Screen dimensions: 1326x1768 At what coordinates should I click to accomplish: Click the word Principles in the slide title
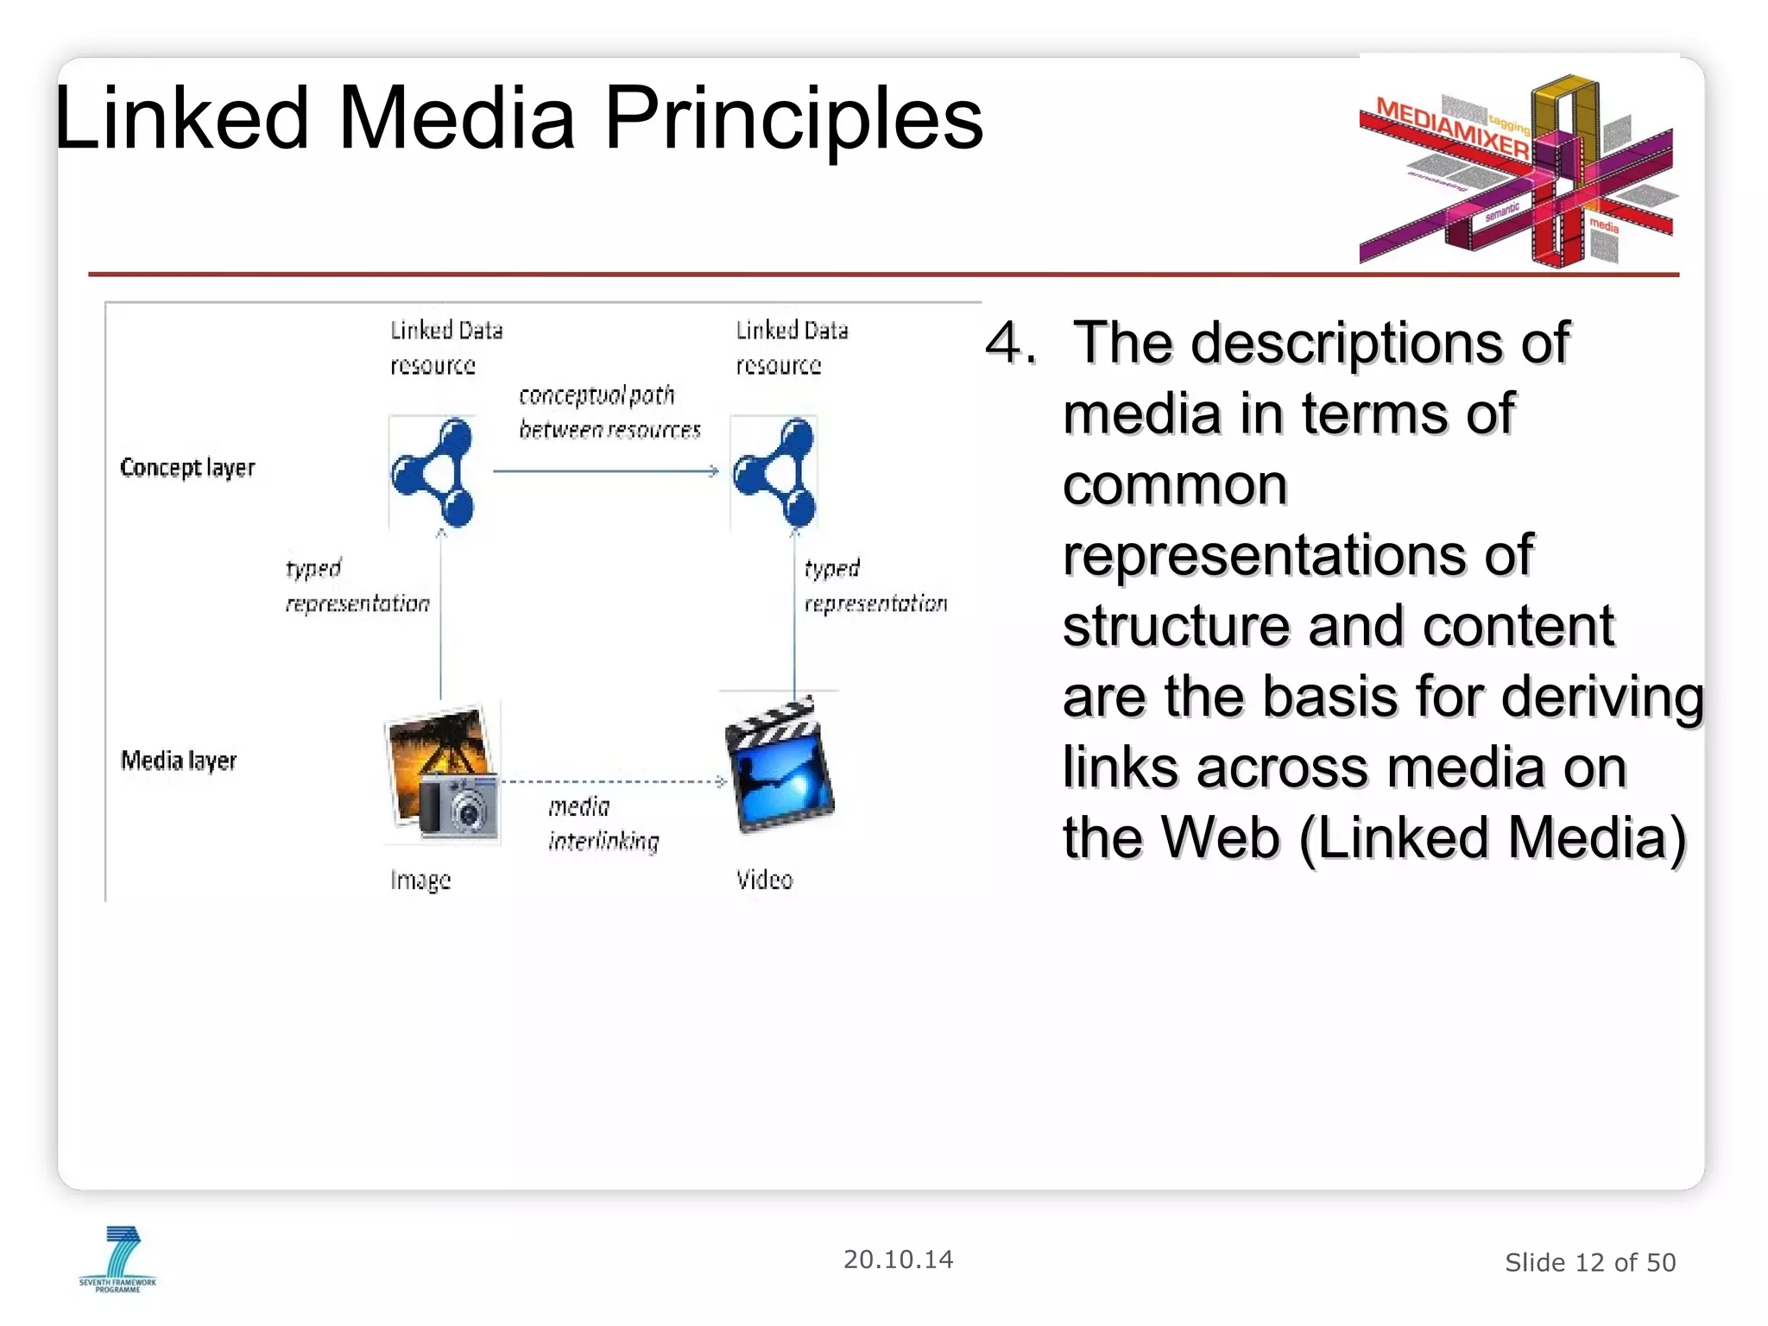[x=792, y=119]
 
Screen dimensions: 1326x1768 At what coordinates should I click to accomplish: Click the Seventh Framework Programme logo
[x=118, y=1259]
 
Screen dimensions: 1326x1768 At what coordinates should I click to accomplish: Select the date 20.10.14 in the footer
[x=898, y=1260]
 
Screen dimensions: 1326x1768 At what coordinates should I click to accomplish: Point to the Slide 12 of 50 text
[x=1589, y=1263]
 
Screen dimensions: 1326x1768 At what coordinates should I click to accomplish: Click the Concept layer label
[x=187, y=468]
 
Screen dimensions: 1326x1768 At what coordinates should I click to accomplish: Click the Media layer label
[x=179, y=761]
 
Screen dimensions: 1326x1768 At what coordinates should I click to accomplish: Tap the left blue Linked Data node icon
[x=433, y=472]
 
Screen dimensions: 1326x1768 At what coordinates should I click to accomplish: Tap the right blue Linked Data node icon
[x=774, y=472]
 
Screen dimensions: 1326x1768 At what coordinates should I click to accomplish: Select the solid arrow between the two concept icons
[x=604, y=471]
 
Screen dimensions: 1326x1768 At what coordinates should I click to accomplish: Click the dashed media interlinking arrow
[x=613, y=781]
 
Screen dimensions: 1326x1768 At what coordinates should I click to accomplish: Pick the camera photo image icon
[x=441, y=773]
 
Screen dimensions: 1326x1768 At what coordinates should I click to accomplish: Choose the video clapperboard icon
[x=780, y=765]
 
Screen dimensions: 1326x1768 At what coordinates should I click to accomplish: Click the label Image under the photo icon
[x=420, y=880]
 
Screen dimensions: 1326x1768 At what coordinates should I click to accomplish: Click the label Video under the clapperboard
[x=764, y=880]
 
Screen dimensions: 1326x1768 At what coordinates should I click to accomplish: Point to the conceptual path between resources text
[x=609, y=413]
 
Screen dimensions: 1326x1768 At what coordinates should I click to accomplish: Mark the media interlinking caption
[x=603, y=824]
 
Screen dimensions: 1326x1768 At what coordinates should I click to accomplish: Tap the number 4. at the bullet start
[x=1010, y=344]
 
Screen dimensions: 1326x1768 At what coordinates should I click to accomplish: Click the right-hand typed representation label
[x=875, y=586]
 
